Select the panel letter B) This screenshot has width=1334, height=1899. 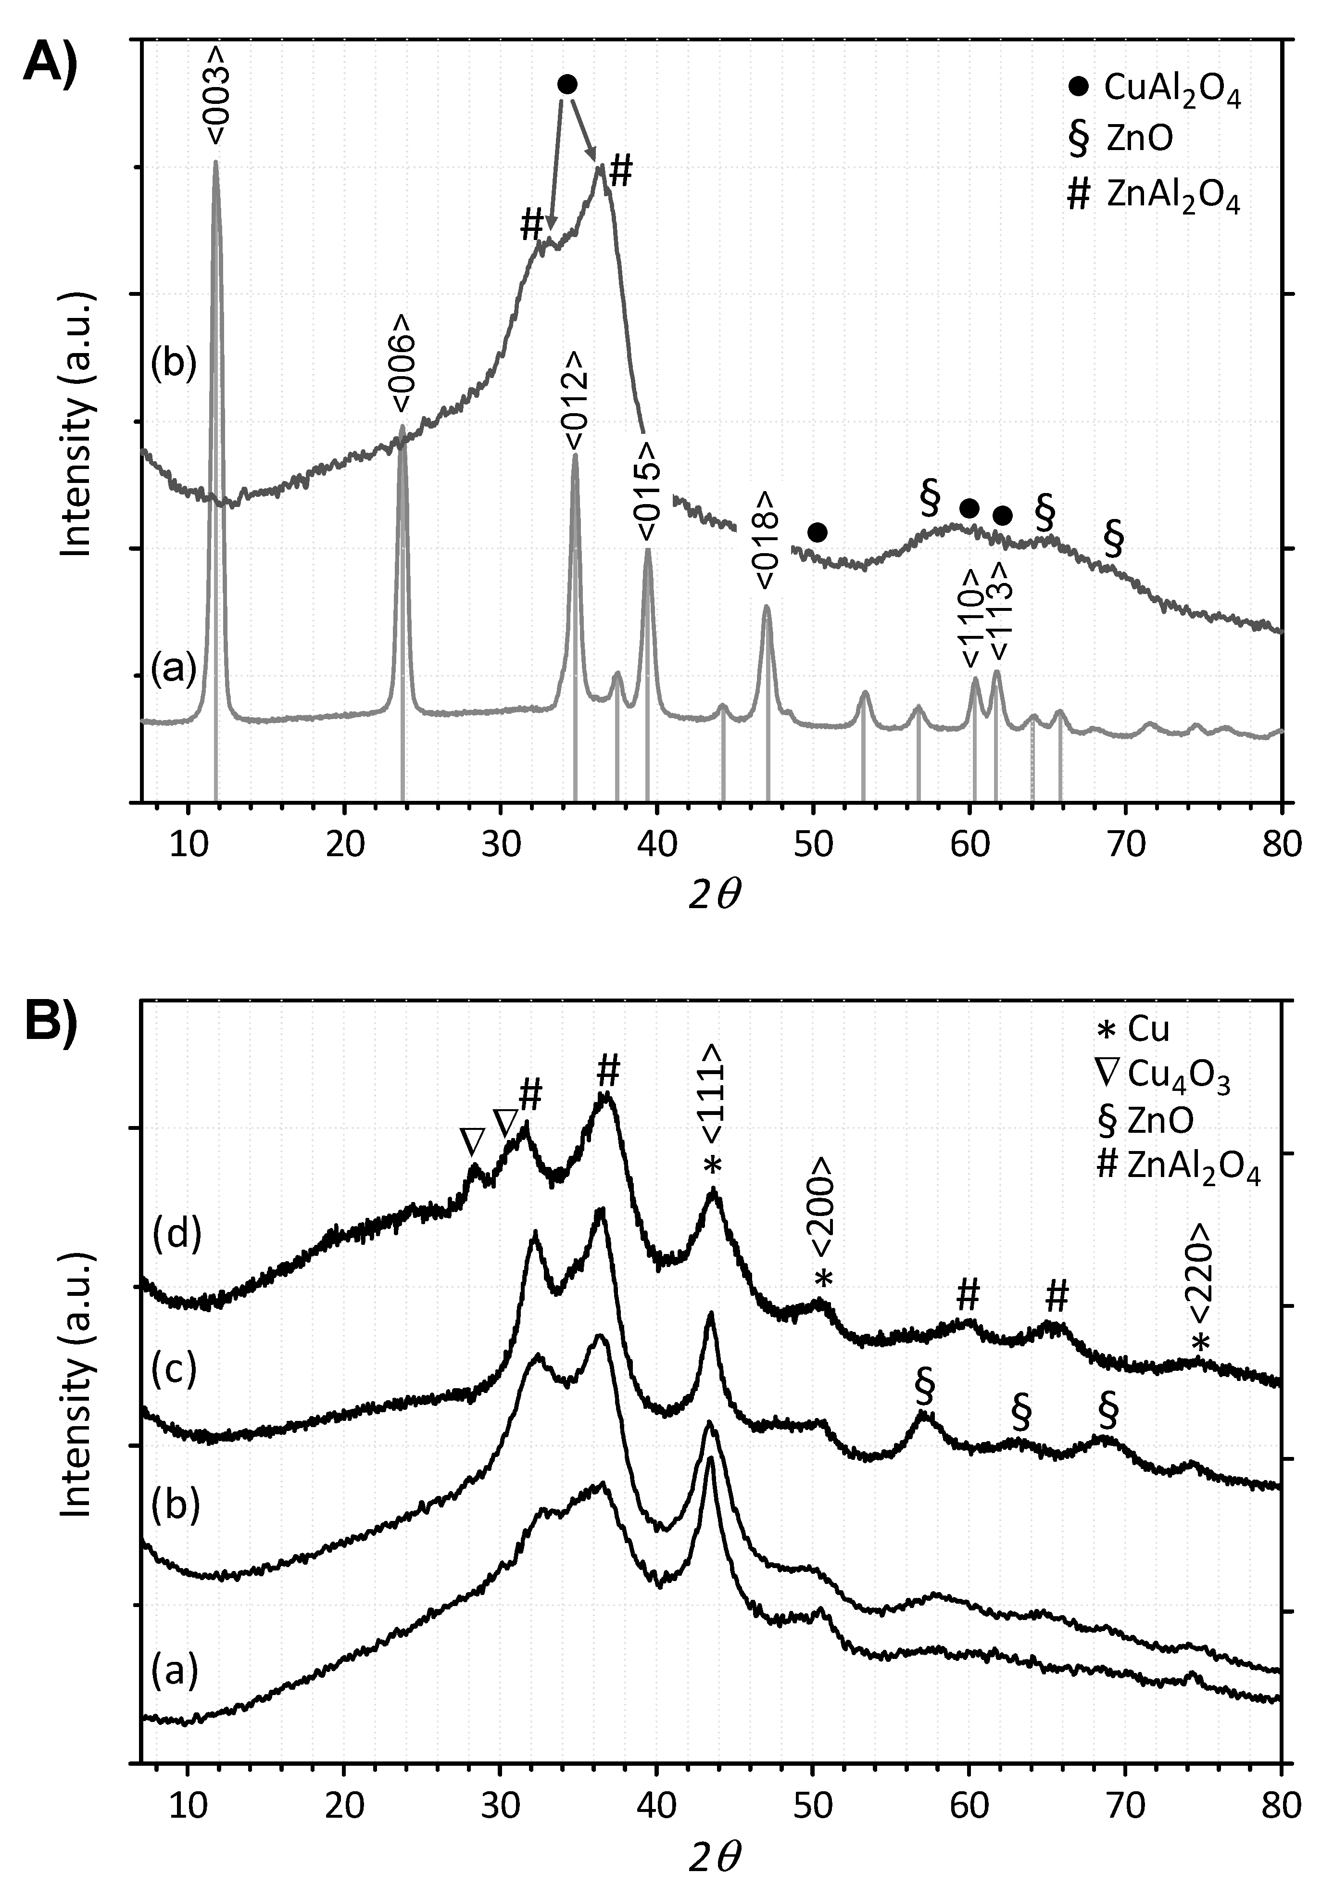click(x=51, y=1022)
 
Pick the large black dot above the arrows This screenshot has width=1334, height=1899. click(x=567, y=84)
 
